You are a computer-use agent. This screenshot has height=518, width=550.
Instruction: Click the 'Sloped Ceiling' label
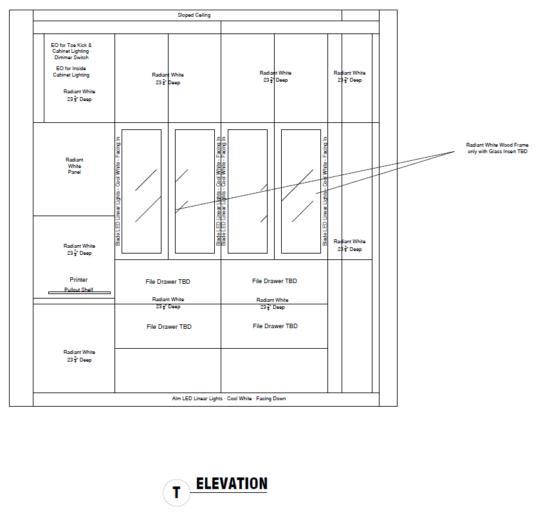click(x=194, y=15)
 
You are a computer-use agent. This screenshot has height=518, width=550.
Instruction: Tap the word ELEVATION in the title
click(x=232, y=484)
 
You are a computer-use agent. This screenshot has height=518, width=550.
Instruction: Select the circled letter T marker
click(x=176, y=494)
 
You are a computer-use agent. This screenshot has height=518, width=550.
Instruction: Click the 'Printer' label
click(x=78, y=280)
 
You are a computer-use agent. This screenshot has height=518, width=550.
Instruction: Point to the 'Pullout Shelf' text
click(x=78, y=290)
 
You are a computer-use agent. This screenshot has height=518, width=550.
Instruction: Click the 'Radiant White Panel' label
click(x=75, y=166)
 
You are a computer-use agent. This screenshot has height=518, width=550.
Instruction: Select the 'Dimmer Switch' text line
click(x=71, y=57)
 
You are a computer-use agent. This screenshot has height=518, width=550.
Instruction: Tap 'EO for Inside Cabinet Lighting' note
click(x=71, y=71)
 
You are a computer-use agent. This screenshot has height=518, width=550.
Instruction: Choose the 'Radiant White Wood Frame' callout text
click(x=497, y=148)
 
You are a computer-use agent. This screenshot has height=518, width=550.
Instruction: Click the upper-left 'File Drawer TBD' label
click(x=168, y=282)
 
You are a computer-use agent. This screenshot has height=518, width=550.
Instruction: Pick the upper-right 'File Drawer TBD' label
click(x=275, y=281)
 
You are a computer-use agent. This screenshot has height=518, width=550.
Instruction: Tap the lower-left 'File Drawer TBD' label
click(x=169, y=327)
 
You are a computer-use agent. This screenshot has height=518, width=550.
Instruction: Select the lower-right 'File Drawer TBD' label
click(x=275, y=326)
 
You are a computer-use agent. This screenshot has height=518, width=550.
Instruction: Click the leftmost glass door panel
click(x=142, y=191)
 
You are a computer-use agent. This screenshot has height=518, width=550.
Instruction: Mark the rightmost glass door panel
click(x=301, y=191)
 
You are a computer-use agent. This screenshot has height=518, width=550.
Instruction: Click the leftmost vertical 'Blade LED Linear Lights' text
click(x=118, y=191)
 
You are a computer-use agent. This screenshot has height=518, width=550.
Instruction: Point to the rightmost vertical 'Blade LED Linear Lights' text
click(x=325, y=191)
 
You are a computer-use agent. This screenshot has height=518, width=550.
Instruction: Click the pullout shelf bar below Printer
click(x=79, y=293)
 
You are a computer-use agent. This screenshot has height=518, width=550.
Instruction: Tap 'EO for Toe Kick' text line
click(x=71, y=45)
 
